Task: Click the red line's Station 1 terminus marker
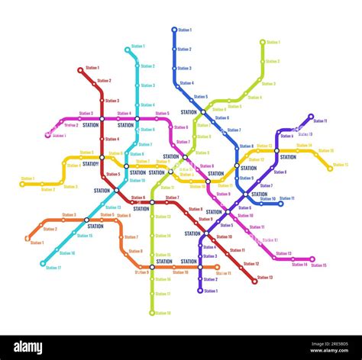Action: coord(80,69)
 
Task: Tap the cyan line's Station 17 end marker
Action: coord(43,263)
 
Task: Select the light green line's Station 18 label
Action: coord(163,313)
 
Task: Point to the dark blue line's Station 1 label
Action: coord(185,30)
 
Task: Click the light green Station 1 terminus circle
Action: coord(262,42)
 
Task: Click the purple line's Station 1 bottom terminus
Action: coord(200,291)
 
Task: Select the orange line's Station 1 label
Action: coord(37,243)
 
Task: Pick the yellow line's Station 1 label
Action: coord(27,178)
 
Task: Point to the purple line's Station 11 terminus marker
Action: coord(311,117)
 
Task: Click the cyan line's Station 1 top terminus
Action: coord(128,50)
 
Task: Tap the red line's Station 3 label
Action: coord(112,100)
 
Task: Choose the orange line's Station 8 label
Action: coord(135,251)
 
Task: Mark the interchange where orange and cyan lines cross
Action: coord(86,220)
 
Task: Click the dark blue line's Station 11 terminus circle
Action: coord(281,204)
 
